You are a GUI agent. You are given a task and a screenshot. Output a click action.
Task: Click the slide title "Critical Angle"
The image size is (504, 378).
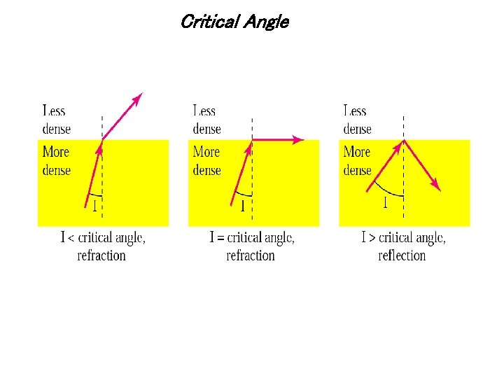pyautogui.click(x=234, y=22)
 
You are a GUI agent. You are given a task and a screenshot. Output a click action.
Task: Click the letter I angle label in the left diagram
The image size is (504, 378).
pyautogui.click(x=94, y=206)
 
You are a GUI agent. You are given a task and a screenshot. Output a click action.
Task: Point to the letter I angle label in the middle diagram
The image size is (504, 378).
pyautogui.click(x=242, y=206)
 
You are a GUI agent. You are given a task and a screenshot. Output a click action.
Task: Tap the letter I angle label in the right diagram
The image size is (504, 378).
pyautogui.click(x=384, y=204)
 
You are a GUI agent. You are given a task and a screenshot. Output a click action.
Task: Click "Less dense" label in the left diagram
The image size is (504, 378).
pyautogui.click(x=57, y=120)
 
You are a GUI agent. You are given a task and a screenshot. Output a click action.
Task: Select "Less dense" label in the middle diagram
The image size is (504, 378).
pyautogui.click(x=206, y=120)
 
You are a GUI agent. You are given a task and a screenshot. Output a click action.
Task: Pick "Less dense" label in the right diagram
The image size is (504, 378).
pyautogui.click(x=357, y=120)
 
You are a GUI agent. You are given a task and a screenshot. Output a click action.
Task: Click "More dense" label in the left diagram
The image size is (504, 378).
pyautogui.click(x=57, y=160)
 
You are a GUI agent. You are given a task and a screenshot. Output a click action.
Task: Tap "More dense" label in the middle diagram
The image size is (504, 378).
pyautogui.click(x=206, y=160)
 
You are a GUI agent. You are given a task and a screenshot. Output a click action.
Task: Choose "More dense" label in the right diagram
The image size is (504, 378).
pyautogui.click(x=357, y=160)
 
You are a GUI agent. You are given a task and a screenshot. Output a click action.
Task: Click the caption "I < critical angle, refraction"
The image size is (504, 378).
pyautogui.click(x=103, y=246)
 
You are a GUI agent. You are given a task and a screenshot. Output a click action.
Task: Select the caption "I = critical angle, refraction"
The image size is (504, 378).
pyautogui.click(x=252, y=246)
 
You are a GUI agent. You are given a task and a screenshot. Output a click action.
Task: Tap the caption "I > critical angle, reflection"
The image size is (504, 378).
pyautogui.click(x=402, y=246)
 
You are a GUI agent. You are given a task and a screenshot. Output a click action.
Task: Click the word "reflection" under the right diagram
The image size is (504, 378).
pyautogui.click(x=402, y=255)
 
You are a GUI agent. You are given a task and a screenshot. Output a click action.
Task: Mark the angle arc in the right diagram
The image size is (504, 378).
pyautogui.click(x=387, y=191)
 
